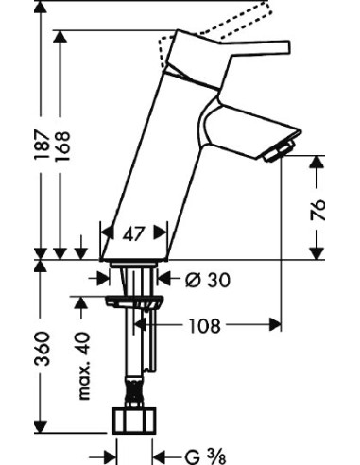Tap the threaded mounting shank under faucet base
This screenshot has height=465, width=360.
coord(134,282)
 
